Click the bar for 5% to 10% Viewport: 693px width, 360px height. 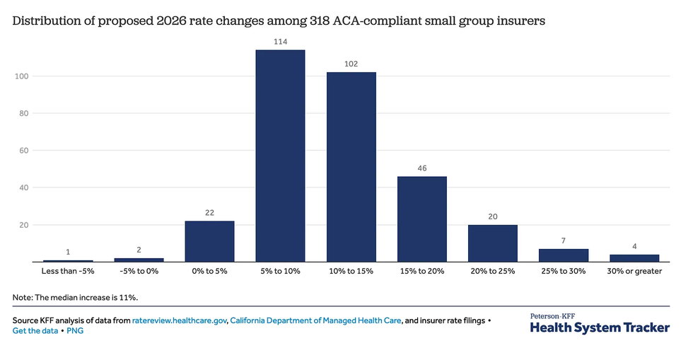click(x=280, y=156)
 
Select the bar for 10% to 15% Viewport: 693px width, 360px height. click(x=351, y=167)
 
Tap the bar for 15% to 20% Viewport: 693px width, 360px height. click(x=421, y=219)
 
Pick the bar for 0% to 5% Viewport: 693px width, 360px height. click(x=209, y=241)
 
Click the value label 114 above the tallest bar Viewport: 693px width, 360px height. click(x=280, y=42)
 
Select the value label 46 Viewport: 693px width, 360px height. click(x=421, y=168)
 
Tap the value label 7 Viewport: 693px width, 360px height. click(x=564, y=241)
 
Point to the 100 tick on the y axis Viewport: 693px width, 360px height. click(x=21, y=76)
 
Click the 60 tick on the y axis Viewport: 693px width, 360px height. click(x=23, y=151)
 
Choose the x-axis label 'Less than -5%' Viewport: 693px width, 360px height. click(x=68, y=272)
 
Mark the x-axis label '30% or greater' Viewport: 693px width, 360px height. click(x=634, y=272)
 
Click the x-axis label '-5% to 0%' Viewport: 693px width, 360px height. click(x=139, y=272)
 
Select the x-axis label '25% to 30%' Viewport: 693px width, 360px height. click(x=564, y=272)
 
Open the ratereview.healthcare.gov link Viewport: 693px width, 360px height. click(x=180, y=320)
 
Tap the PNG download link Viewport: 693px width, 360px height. click(x=75, y=330)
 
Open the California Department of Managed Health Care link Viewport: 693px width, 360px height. click(x=316, y=320)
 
